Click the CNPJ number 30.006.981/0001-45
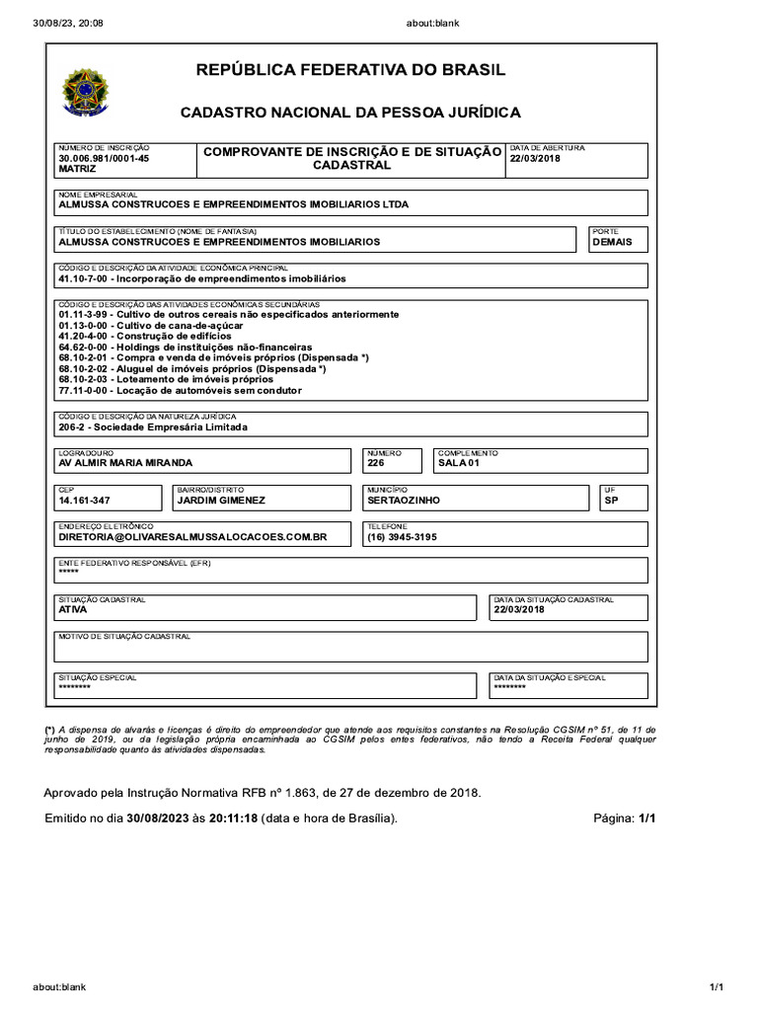104,158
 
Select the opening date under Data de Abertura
534,158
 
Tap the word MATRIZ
78,169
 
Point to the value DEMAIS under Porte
612,241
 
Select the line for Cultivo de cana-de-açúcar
148,325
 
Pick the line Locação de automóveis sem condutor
180,390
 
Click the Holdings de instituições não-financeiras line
185,347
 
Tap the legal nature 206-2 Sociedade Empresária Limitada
153,428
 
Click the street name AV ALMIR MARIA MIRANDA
125,463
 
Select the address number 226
375,463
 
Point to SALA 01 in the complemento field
458,463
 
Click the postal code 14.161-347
85,501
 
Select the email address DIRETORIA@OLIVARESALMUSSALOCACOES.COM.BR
192,537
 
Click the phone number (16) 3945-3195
401,537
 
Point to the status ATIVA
73,610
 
